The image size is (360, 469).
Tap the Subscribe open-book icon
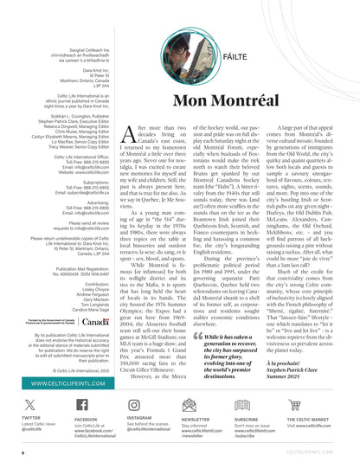(242, 404)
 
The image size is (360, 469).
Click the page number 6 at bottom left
(22, 452)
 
